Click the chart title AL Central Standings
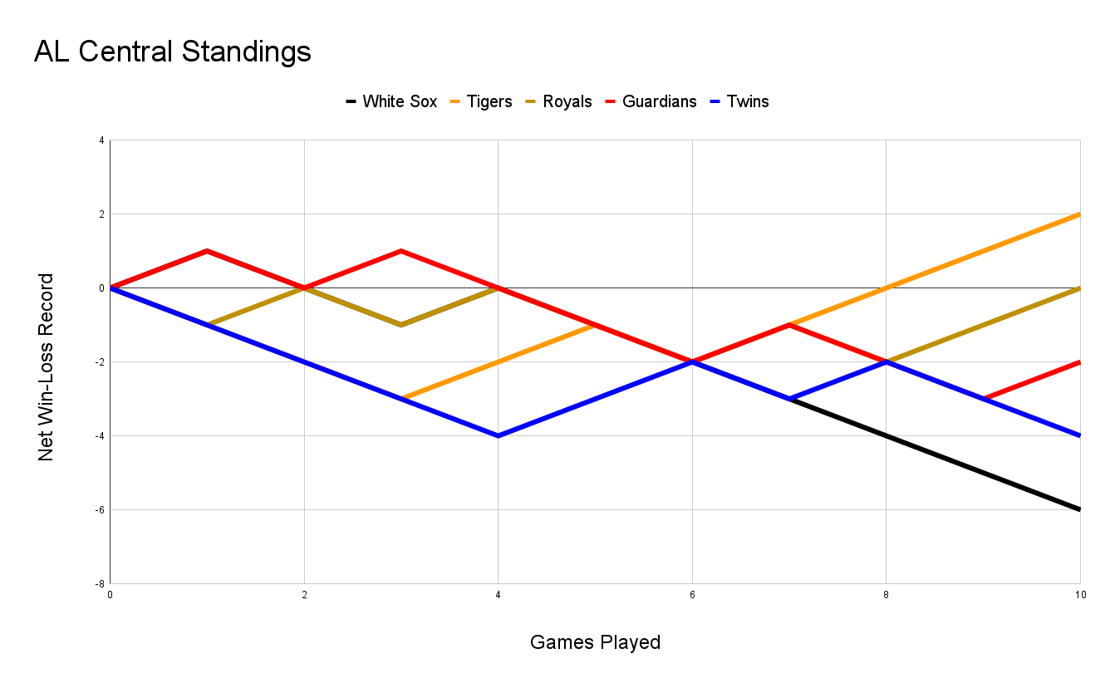pos(172,52)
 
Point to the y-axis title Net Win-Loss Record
pos(47,366)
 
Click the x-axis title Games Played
pos(595,642)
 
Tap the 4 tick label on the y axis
pos(101,140)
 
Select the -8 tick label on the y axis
pos(100,583)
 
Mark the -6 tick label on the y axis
pos(100,509)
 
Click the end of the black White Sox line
pos(1079,509)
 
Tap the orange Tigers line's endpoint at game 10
pos(1079,214)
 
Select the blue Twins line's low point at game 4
pos(499,435)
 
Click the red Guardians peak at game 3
pos(401,251)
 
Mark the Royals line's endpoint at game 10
pos(1079,288)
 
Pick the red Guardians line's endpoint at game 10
pos(1079,362)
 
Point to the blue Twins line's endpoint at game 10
pos(1079,435)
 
